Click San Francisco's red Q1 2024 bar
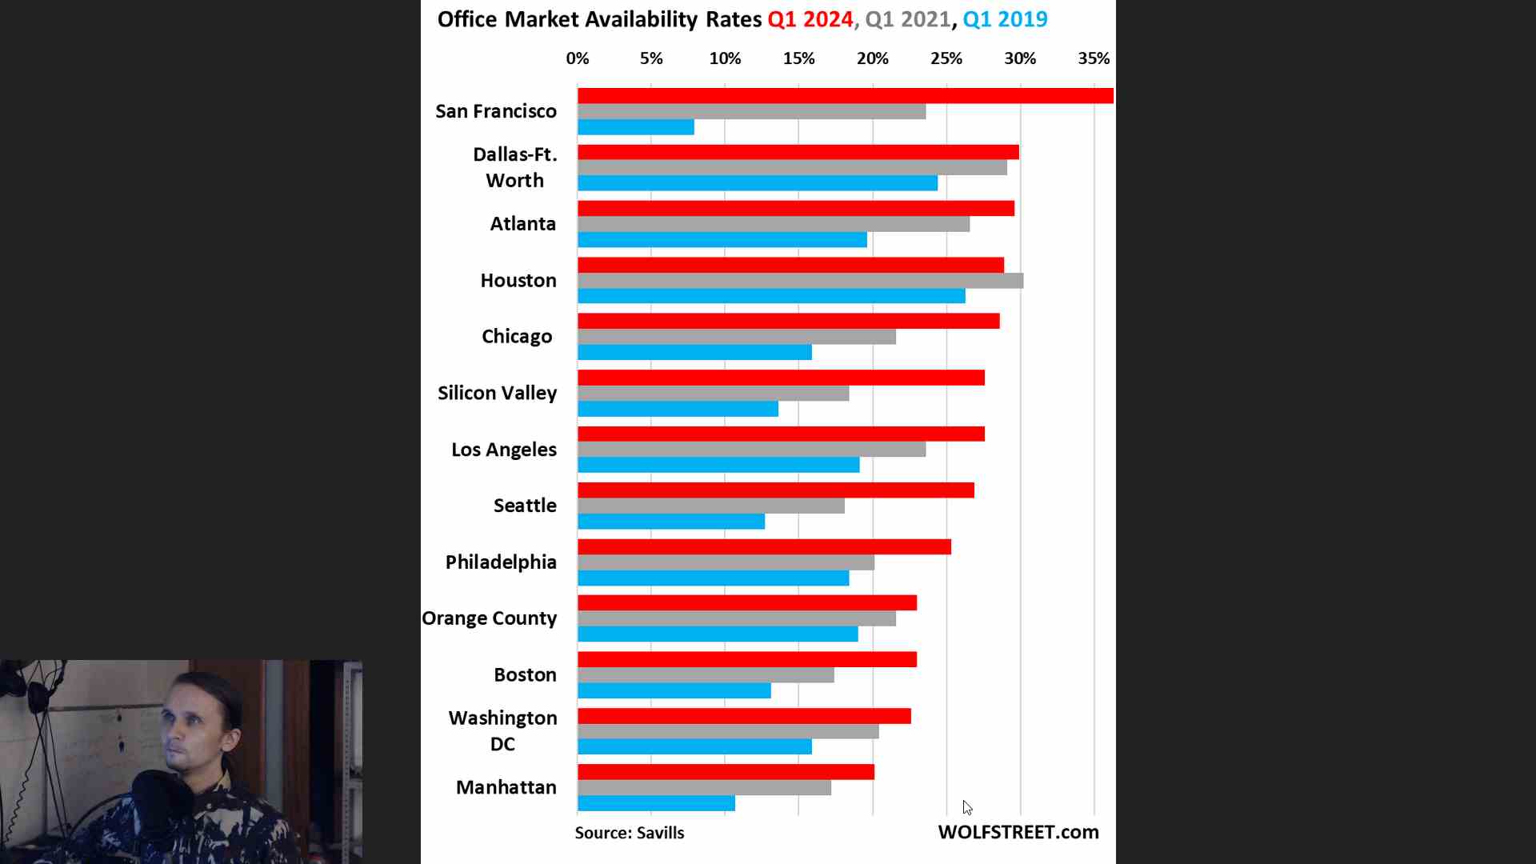(845, 96)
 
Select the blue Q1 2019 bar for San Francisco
(636, 127)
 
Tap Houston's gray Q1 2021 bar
(800, 281)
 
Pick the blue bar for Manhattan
(656, 803)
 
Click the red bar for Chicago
(788, 321)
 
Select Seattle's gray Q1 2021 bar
(710, 506)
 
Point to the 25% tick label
(946, 58)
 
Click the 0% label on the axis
(577, 58)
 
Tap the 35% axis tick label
(1094, 58)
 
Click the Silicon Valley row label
(497, 393)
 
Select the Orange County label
(489, 618)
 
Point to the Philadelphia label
(501, 562)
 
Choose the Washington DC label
(502, 730)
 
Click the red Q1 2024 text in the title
(810, 19)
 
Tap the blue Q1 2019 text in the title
(1005, 19)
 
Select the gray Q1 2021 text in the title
(908, 19)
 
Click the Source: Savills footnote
(630, 833)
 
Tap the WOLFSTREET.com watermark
(1018, 832)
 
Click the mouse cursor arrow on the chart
(967, 807)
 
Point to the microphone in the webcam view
(160, 800)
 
